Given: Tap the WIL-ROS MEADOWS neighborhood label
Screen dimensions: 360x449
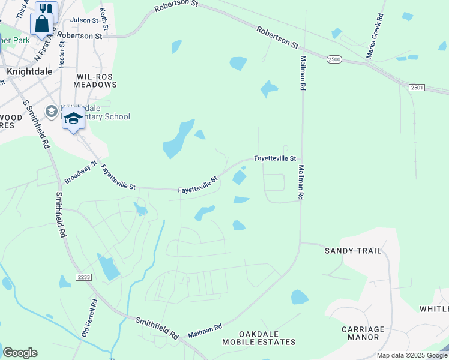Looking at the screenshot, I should [96, 80].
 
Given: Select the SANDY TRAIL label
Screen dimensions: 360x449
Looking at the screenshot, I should [353, 251].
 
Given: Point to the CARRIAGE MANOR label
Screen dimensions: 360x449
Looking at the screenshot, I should [363, 333].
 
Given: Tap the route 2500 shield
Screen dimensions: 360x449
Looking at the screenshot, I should [335, 59].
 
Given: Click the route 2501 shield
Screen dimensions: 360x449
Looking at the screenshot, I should [417, 88].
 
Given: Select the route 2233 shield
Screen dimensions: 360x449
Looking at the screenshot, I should [83, 277].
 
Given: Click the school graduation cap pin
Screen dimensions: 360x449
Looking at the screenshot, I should [73, 118].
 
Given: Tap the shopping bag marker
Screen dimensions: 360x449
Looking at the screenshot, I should [42, 25].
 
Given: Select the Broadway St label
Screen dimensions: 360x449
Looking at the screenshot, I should [81, 172].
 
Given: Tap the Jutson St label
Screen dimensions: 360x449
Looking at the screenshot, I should [84, 20].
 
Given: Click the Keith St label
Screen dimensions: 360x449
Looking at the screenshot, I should [104, 19].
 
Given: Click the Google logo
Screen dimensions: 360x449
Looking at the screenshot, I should [20, 353].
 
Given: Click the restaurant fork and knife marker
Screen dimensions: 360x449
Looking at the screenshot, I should [46, 9].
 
